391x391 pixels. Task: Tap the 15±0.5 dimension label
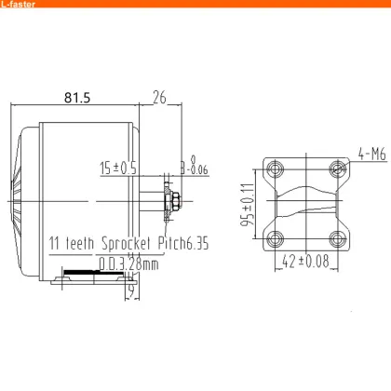point(118,169)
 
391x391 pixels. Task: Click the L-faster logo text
point(20,6)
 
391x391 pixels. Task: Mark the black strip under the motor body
point(84,275)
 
